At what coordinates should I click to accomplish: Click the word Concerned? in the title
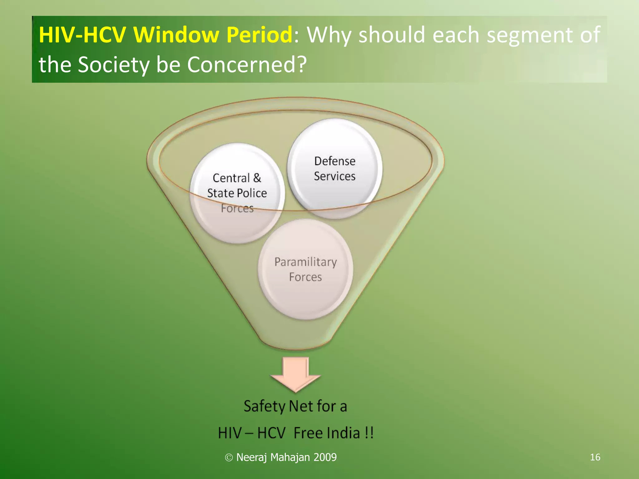point(247,65)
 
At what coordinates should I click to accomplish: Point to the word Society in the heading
point(114,65)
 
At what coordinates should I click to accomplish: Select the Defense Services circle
point(334,168)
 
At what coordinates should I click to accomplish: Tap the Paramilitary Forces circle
point(305,269)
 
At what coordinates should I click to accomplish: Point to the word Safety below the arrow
point(264,406)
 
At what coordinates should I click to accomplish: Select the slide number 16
point(595,457)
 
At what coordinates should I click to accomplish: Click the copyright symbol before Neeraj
point(229,457)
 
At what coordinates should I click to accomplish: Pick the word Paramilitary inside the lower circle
point(305,262)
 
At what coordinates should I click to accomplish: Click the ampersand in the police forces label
point(257,178)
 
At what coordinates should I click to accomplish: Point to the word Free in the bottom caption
point(307,433)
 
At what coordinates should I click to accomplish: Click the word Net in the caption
point(301,406)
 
